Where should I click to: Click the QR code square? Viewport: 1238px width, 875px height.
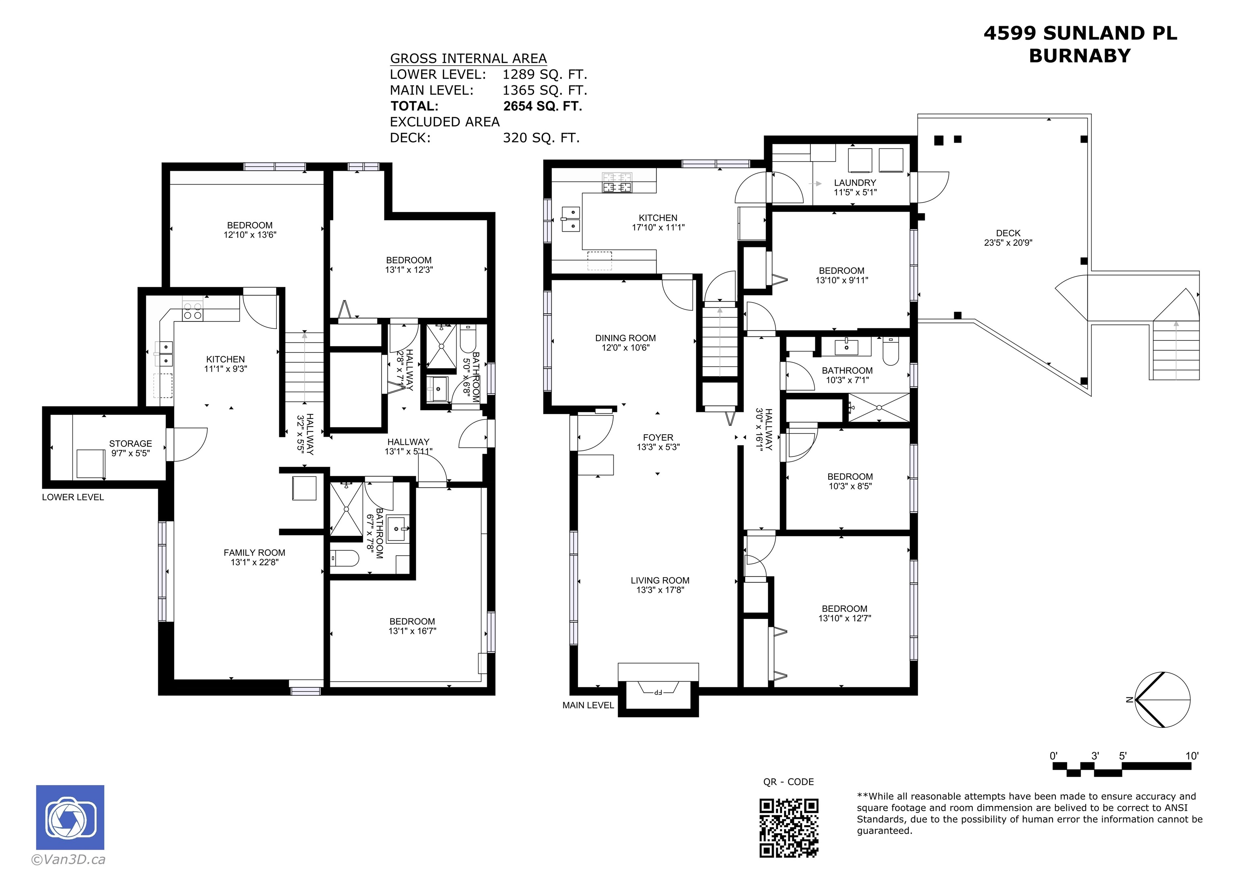(789, 827)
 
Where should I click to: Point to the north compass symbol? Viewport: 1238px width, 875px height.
(1162, 700)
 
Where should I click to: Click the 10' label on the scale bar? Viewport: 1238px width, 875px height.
(1192, 756)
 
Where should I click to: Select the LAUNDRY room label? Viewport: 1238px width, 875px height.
(855, 183)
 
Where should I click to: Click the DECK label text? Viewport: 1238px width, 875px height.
(1008, 233)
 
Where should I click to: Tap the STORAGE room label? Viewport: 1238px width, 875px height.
(131, 444)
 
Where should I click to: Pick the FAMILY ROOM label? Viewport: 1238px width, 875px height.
(255, 553)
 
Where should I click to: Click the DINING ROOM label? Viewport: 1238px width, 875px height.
(625, 338)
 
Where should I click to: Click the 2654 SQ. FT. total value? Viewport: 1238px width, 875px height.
(542, 106)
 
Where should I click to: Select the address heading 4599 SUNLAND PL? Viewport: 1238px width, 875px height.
(1080, 33)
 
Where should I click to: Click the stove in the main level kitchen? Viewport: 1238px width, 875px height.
(617, 182)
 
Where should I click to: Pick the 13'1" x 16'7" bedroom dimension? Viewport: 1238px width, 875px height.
(413, 631)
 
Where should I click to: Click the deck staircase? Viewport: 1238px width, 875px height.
(1176, 350)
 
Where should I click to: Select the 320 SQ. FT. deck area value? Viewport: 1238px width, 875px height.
(541, 138)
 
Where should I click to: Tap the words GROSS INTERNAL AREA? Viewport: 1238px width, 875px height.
(468, 58)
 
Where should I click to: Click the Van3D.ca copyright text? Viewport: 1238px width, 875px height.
(69, 859)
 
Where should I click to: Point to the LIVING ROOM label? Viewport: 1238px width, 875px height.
(660, 581)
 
